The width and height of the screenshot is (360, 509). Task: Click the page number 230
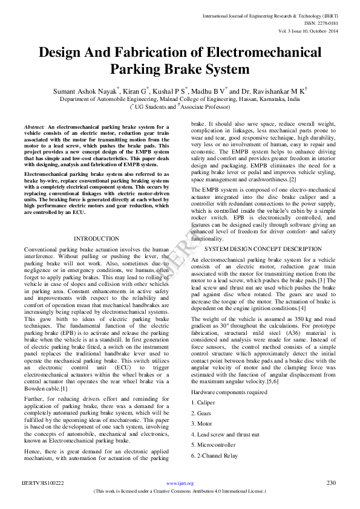pos(331,483)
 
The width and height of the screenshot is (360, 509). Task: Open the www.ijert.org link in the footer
pos(180,484)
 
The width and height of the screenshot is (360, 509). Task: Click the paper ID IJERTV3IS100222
pos(43,483)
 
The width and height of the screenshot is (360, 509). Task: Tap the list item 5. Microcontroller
pos(214,445)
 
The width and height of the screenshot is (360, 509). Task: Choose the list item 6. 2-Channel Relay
pos(215,456)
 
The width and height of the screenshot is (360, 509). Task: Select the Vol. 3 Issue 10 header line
pos(309,30)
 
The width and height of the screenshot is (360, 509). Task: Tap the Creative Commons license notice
pos(180,492)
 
